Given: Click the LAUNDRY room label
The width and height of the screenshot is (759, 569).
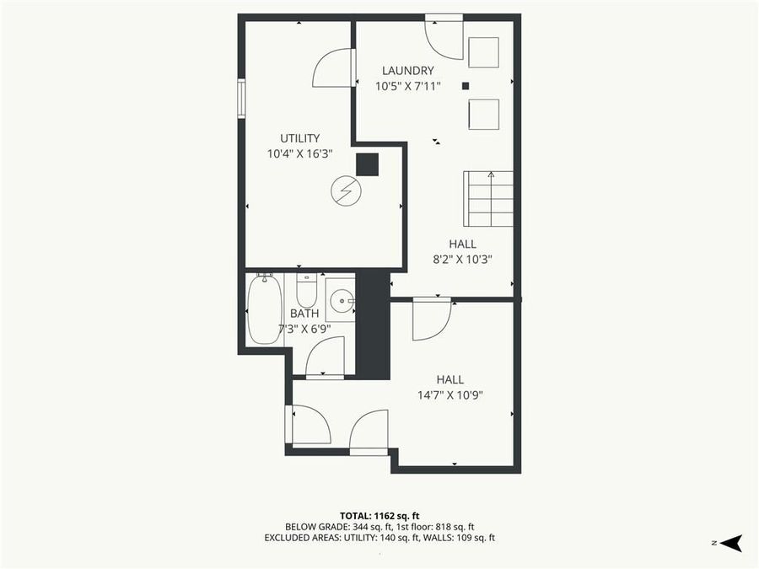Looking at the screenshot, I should pyautogui.click(x=407, y=71).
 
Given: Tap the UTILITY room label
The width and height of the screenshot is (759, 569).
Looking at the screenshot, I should pyautogui.click(x=299, y=138).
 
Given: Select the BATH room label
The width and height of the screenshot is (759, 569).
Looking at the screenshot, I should pyautogui.click(x=304, y=314).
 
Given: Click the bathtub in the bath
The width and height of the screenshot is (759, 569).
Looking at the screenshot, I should pyautogui.click(x=265, y=309).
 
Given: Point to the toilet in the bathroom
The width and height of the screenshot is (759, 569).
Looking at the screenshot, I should pyautogui.click(x=306, y=291).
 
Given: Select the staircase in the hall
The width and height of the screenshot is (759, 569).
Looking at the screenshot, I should pyautogui.click(x=488, y=199).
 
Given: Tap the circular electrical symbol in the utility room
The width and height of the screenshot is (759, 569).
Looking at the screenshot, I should pyautogui.click(x=346, y=191).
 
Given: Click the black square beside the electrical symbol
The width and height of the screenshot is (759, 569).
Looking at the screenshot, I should pyautogui.click(x=367, y=164).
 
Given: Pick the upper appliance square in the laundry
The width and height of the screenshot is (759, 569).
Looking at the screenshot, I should pyautogui.click(x=483, y=52).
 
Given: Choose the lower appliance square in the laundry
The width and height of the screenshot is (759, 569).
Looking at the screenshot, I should pyautogui.click(x=483, y=114).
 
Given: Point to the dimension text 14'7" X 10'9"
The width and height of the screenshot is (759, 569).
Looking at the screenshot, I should pyautogui.click(x=449, y=395).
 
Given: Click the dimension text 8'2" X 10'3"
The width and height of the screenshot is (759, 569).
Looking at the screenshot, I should pyautogui.click(x=462, y=260).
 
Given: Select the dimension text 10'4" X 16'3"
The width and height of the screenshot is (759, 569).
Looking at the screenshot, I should pyautogui.click(x=299, y=153).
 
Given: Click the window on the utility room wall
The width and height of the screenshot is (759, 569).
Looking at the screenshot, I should pyautogui.click(x=241, y=98).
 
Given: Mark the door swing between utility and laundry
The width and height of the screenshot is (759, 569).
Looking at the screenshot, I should pyautogui.click(x=333, y=69).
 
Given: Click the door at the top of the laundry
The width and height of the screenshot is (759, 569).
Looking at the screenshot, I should pyautogui.click(x=444, y=37).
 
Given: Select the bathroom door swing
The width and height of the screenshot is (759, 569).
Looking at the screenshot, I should pyautogui.click(x=326, y=357).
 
